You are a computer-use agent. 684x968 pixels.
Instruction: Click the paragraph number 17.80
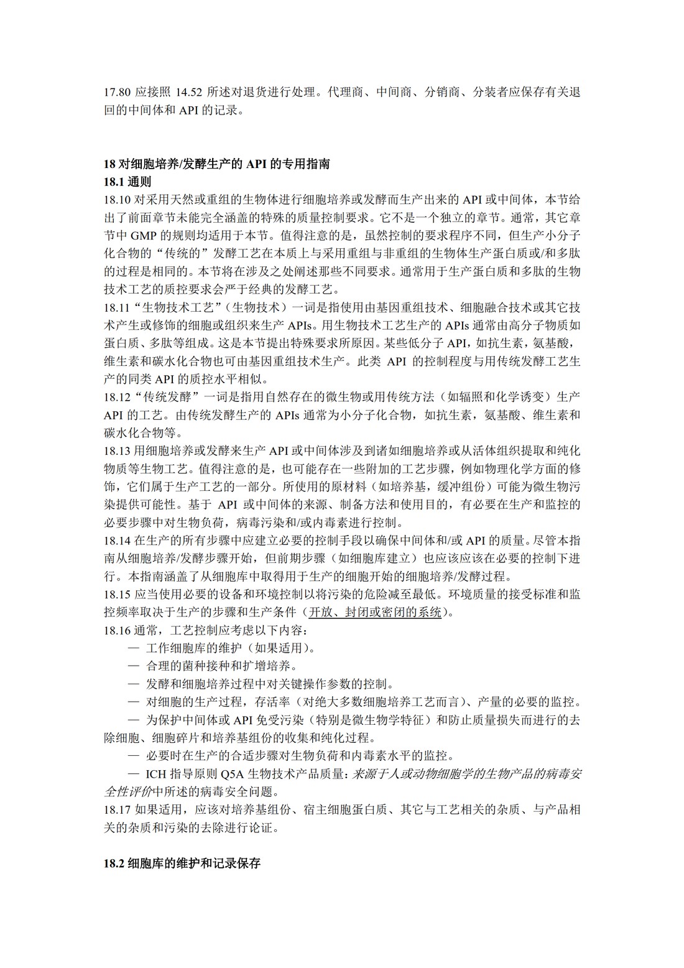[117, 93]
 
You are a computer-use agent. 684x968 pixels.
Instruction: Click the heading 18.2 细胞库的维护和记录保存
[182, 863]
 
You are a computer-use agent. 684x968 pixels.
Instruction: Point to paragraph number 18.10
[117, 200]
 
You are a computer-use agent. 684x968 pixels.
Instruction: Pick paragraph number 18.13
[117, 450]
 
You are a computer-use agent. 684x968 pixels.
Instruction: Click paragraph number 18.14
[117, 540]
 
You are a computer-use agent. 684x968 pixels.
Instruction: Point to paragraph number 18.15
[117, 593]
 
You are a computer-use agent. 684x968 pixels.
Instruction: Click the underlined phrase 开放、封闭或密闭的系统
[375, 612]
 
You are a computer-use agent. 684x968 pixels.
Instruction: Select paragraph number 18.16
[117, 630]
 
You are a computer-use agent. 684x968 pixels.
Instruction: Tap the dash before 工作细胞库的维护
[134, 648]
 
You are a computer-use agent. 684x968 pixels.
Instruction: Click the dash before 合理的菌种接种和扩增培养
[134, 666]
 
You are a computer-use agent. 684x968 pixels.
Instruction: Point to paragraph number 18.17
[117, 810]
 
